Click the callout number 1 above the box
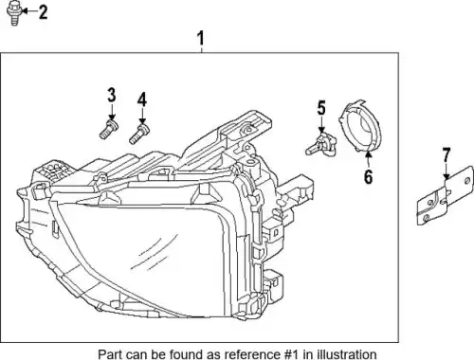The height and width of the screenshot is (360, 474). click(x=201, y=38)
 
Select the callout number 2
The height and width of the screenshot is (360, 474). click(x=43, y=12)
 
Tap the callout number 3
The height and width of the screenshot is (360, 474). click(x=112, y=95)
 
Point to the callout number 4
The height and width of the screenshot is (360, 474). click(x=142, y=99)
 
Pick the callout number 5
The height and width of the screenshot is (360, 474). click(x=321, y=108)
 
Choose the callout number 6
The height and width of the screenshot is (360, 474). click(x=368, y=176)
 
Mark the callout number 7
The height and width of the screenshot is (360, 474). click(x=446, y=155)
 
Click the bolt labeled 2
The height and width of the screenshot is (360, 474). click(x=13, y=12)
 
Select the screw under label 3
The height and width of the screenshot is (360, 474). click(x=109, y=130)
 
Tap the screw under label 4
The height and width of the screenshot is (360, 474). click(x=139, y=135)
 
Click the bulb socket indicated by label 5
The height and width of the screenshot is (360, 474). click(x=320, y=145)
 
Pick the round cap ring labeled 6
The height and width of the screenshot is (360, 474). click(x=360, y=126)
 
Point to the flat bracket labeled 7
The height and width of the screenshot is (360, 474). click(x=445, y=196)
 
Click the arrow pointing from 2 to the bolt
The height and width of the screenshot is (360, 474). click(x=29, y=11)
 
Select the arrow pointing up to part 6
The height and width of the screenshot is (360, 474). click(x=368, y=160)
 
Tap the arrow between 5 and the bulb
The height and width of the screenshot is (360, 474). click(x=321, y=124)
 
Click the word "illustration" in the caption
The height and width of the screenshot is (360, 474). click(x=346, y=354)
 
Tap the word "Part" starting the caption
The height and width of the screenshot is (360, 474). click(x=108, y=354)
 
